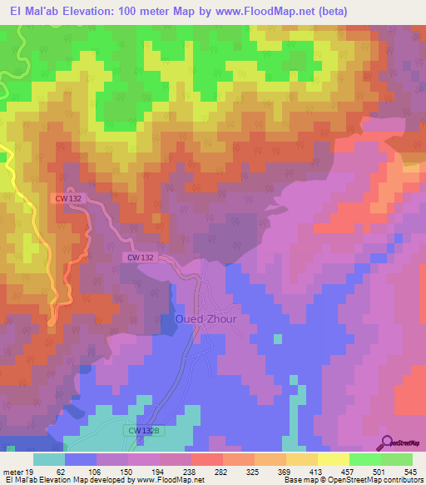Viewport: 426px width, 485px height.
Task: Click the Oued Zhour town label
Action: point(206,319)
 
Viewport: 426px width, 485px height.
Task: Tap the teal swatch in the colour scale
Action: point(49,460)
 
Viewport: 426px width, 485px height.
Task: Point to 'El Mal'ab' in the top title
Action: point(34,12)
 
